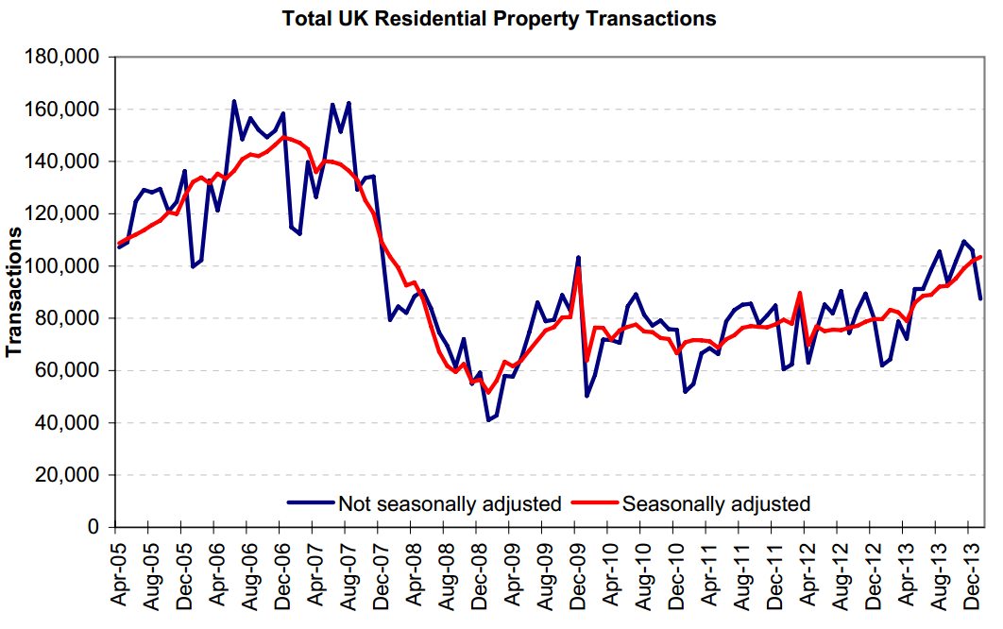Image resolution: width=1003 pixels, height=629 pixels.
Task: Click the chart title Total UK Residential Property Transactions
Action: (x=501, y=19)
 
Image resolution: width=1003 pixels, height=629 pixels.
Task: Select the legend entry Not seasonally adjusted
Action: (x=449, y=503)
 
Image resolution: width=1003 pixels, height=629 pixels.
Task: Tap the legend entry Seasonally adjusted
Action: (x=716, y=503)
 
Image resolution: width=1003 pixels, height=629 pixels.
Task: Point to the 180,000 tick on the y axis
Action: (x=66, y=58)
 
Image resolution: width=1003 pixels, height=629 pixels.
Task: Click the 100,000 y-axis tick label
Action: (x=66, y=266)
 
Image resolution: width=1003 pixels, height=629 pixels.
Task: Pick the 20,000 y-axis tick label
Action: (x=71, y=475)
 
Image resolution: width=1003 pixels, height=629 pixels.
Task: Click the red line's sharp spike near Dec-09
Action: (x=578, y=268)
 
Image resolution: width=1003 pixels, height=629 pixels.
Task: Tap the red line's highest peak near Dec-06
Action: (x=283, y=137)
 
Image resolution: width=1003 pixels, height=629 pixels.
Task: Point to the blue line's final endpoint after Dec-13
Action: (x=980, y=298)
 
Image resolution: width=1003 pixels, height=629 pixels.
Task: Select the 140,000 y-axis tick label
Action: (x=66, y=161)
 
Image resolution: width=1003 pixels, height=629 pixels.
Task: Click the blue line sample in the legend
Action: (x=311, y=503)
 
